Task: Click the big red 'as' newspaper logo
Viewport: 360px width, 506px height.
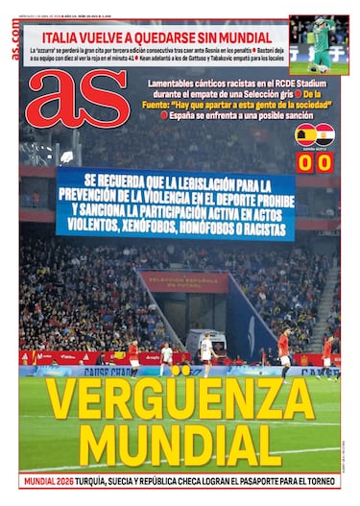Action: [x=77, y=98]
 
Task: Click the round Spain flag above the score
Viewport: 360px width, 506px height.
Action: [x=303, y=133]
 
